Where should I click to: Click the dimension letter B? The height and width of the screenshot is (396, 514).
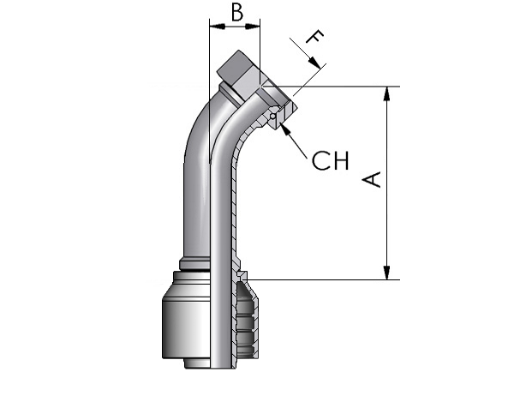pos(237,13)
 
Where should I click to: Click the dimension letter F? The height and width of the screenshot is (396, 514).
pos(315,36)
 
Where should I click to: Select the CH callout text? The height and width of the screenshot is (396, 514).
pos(330,160)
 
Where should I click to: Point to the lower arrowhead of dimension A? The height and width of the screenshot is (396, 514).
pos(387,273)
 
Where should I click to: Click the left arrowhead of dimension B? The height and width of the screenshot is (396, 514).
pos(218,27)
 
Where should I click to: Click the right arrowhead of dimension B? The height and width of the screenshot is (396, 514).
pos(252,27)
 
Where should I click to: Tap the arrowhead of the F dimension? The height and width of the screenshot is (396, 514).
pos(314,63)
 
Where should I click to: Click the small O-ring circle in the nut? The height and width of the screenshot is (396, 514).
pos(272,116)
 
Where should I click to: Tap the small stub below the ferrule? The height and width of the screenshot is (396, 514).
pos(197,363)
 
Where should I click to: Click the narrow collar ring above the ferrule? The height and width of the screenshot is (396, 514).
pos(194,265)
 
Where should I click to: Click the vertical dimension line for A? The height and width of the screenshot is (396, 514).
pos(387,183)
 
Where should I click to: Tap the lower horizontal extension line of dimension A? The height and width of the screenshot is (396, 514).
pos(324,280)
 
